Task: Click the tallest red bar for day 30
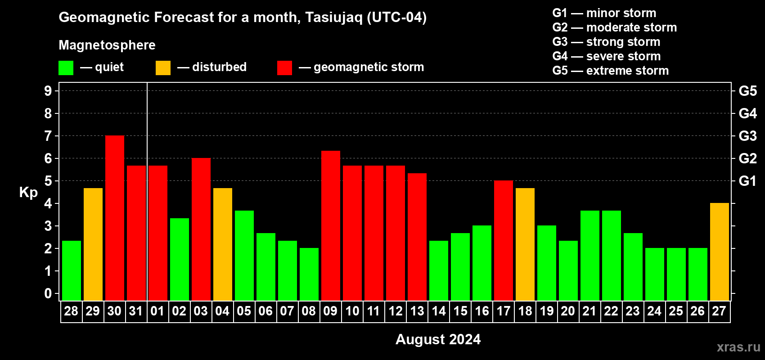click(115, 218)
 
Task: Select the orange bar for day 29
click(93, 244)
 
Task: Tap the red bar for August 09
click(331, 225)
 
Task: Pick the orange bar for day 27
click(720, 252)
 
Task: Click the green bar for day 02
click(180, 259)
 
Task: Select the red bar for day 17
click(504, 240)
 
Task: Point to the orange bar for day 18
click(525, 244)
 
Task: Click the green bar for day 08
click(309, 274)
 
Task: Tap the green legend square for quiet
click(66, 67)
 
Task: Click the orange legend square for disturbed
click(163, 67)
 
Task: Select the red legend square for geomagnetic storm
click(285, 67)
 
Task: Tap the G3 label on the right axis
click(748, 136)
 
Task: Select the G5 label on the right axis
click(748, 91)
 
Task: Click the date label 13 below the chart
click(417, 311)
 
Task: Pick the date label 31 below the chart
click(136, 311)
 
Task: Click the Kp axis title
click(28, 192)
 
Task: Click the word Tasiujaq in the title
click(333, 18)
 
